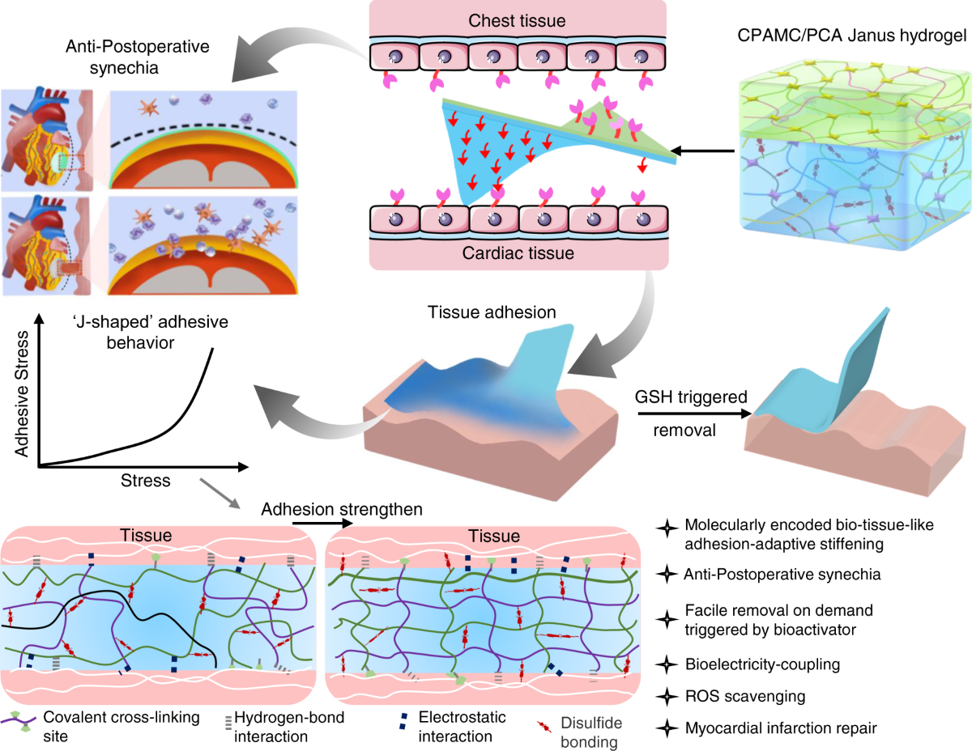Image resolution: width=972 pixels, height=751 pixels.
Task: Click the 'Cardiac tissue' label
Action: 519,254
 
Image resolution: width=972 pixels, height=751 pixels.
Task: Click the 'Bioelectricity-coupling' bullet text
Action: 761,664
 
